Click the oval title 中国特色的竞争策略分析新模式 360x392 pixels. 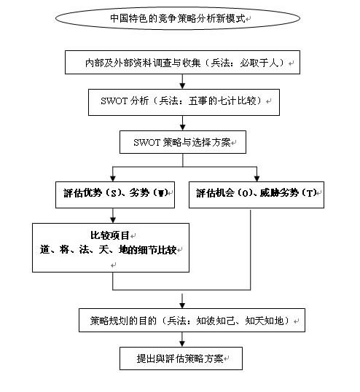tap(178, 18)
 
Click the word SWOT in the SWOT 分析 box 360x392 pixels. tap(114, 101)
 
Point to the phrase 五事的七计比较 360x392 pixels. tap(222, 101)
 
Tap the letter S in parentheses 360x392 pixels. tap(114, 193)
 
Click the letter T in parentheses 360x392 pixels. tap(310, 193)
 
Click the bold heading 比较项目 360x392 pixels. tap(110, 235)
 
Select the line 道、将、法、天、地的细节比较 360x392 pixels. tap(109, 250)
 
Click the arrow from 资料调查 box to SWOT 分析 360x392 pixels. tap(182, 82)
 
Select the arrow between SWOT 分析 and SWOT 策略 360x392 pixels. tap(183, 123)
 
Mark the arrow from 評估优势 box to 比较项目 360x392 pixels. tap(113, 216)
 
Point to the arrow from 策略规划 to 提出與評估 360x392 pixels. tap(182, 340)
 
